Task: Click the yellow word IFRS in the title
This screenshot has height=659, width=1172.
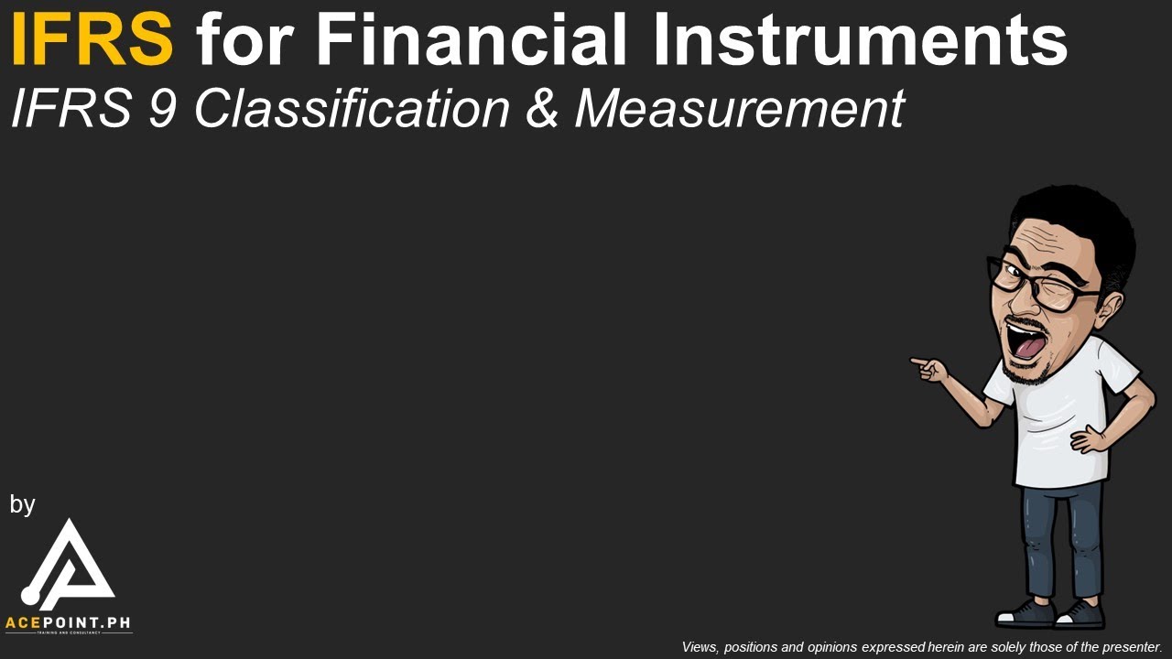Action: point(92,40)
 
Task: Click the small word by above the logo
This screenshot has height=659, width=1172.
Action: point(22,504)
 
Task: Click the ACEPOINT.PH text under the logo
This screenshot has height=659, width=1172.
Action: point(68,623)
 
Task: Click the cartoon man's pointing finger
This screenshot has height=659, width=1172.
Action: point(918,362)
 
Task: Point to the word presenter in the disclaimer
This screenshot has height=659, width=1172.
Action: point(1132,647)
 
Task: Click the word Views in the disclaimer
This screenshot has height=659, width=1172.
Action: point(700,647)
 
